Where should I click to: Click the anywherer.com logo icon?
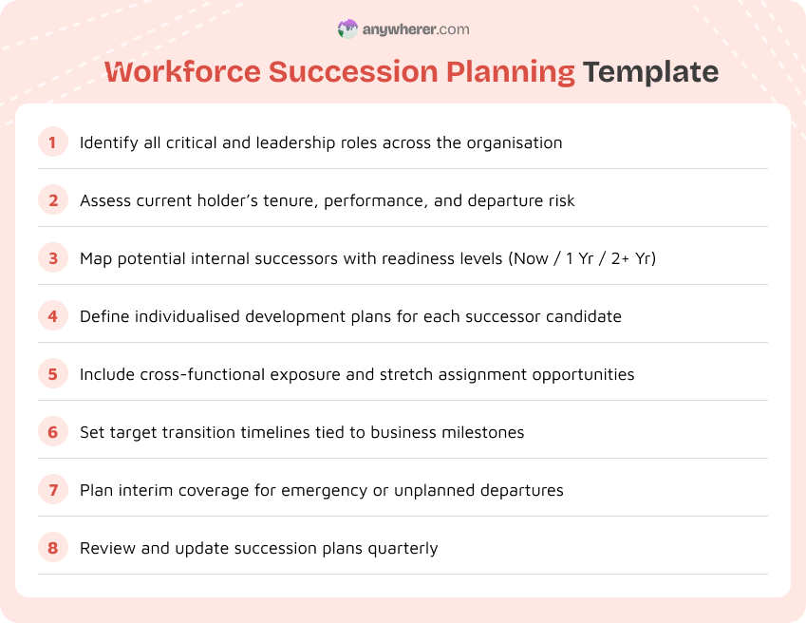tap(347, 29)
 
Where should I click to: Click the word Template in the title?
tap(650, 72)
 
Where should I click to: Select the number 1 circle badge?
tap(53, 142)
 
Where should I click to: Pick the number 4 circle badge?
tap(53, 316)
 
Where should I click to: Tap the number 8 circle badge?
tap(53, 548)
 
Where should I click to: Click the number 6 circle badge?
tap(53, 432)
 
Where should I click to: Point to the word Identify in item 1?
tap(107, 142)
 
